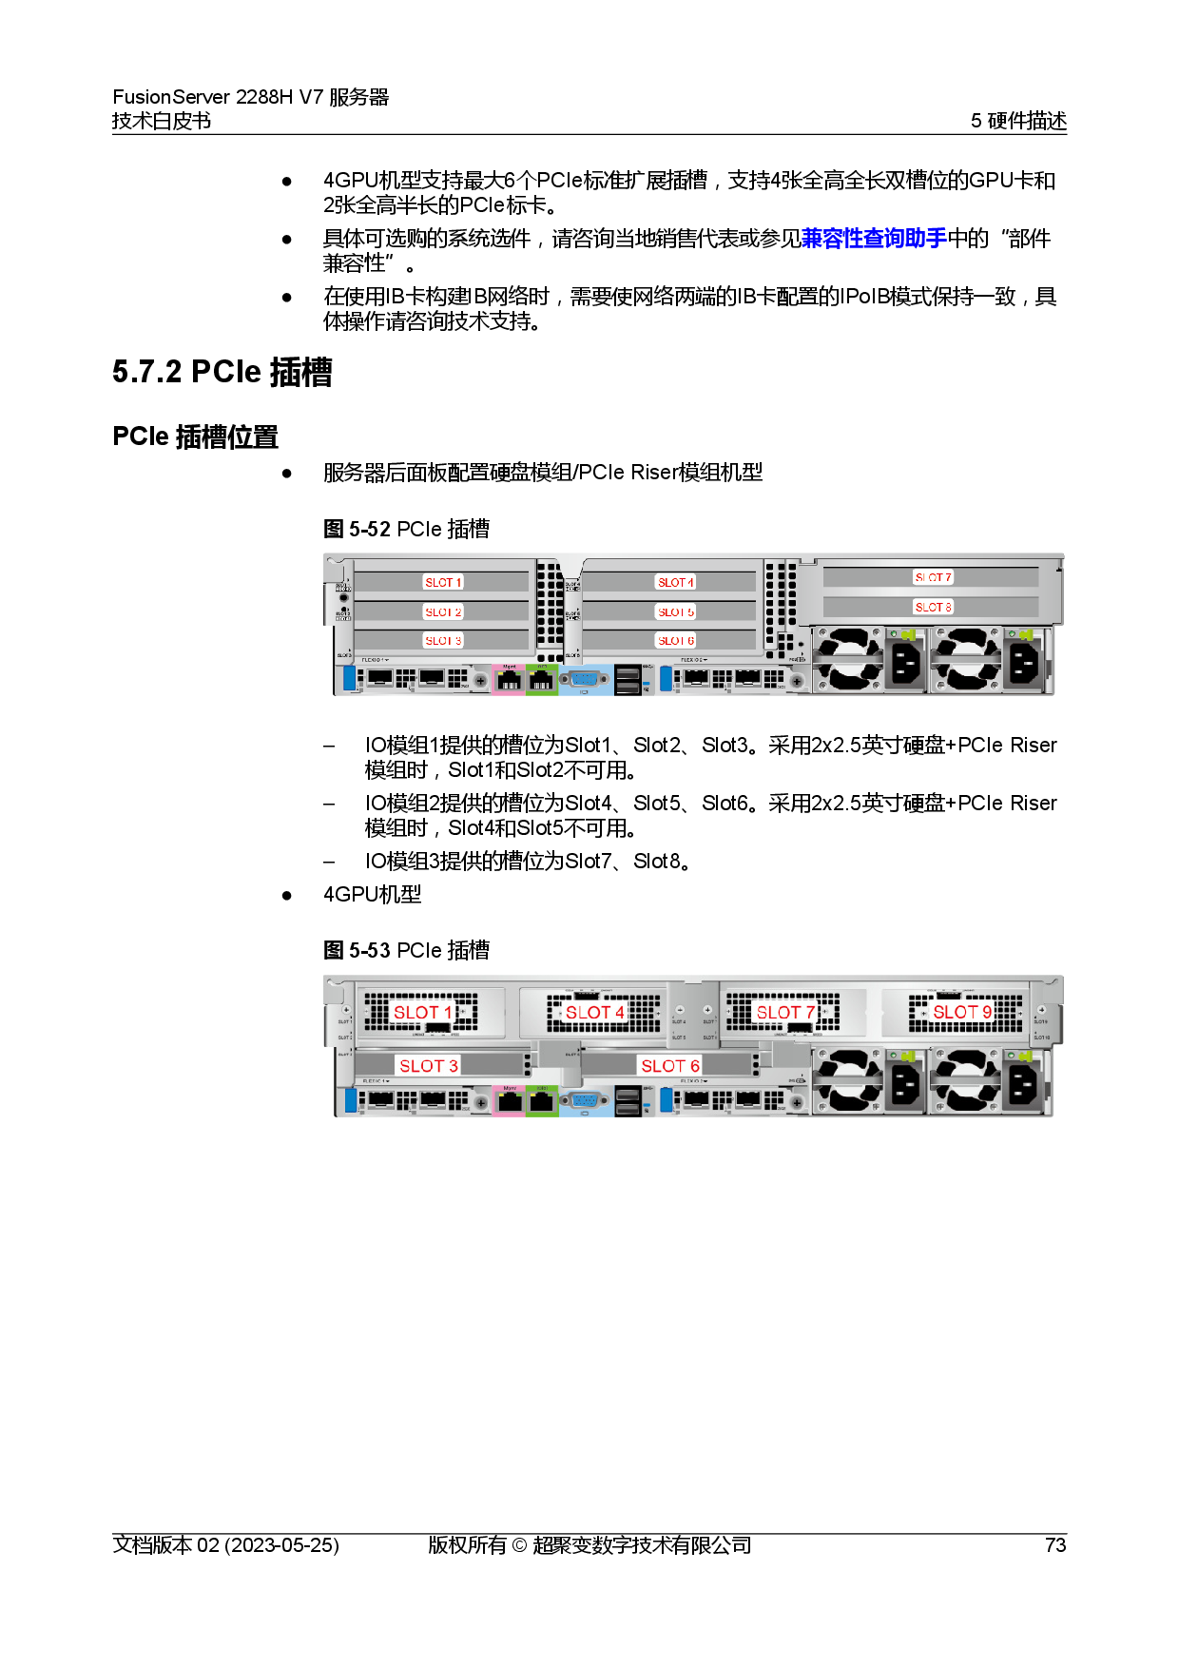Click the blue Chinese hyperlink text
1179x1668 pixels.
[873, 238]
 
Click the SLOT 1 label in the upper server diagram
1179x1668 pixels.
[443, 582]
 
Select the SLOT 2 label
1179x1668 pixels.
[443, 611]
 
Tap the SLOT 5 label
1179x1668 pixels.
[676, 611]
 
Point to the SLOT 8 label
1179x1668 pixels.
[933, 607]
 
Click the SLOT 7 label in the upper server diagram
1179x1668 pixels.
[933, 577]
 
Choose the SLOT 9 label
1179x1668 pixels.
[962, 1012]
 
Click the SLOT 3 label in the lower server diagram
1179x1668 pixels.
[429, 1066]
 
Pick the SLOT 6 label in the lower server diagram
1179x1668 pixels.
[670, 1066]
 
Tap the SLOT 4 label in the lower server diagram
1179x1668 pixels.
[595, 1012]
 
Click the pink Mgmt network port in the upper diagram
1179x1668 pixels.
[510, 681]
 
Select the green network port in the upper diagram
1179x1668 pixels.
[542, 681]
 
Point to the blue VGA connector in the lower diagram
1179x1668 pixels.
[585, 1101]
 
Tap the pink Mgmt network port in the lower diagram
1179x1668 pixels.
[510, 1101]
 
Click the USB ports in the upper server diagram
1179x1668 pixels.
[628, 679]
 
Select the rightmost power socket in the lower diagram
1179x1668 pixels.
[1023, 1082]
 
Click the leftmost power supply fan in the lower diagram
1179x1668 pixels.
[846, 1080]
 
